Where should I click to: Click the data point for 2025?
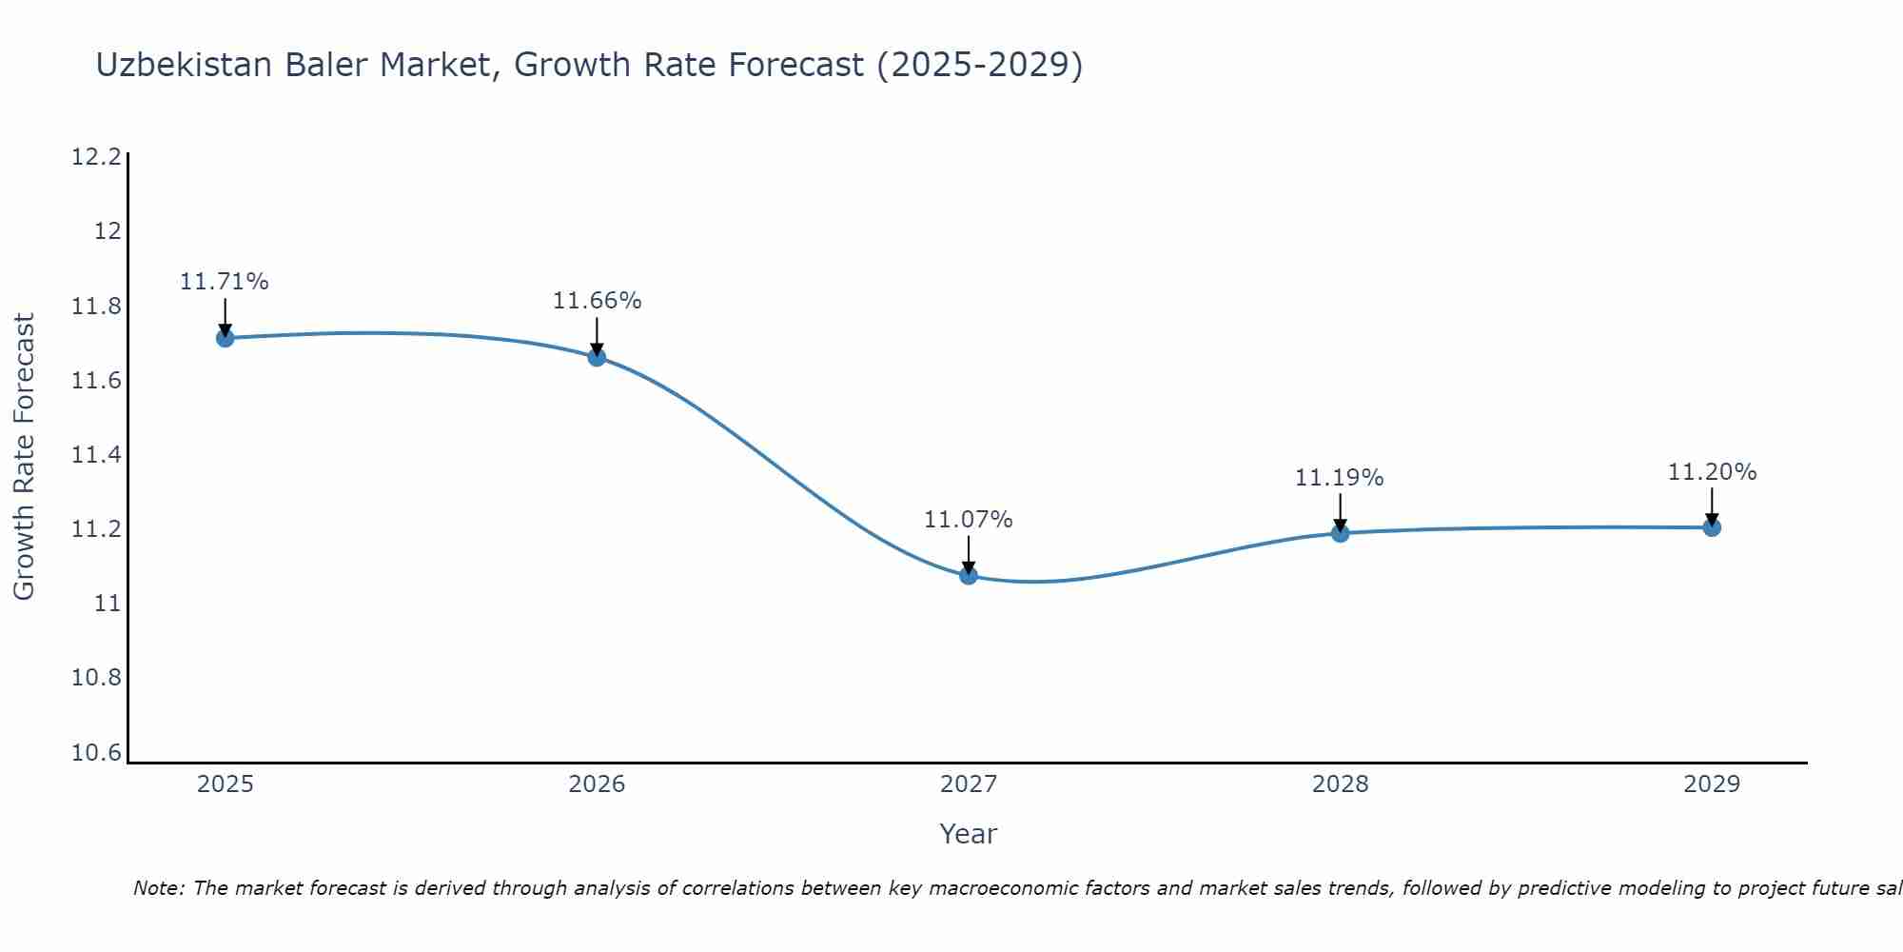pyautogui.click(x=225, y=338)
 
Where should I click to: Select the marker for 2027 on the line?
pyautogui.click(x=969, y=575)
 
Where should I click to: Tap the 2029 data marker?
pyautogui.click(x=1712, y=527)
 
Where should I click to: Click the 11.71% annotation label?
pyautogui.click(x=225, y=282)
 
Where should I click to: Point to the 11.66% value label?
pyautogui.click(x=597, y=301)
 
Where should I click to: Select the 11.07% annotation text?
pyautogui.click(x=969, y=520)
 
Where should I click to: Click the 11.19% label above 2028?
pyautogui.click(x=1339, y=478)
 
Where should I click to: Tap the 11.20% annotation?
pyautogui.click(x=1712, y=472)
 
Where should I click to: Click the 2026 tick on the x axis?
pyautogui.click(x=597, y=784)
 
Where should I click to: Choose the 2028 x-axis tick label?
pyautogui.click(x=1340, y=784)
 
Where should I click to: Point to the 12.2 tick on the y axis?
pyautogui.click(x=97, y=157)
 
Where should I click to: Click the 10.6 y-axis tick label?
pyautogui.click(x=97, y=753)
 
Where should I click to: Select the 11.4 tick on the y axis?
pyautogui.click(x=97, y=455)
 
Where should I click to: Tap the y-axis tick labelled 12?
pyautogui.click(x=108, y=231)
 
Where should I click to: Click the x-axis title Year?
pyautogui.click(x=968, y=834)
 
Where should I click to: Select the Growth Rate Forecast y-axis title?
pyautogui.click(x=24, y=457)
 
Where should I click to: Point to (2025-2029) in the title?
pyautogui.click(x=979, y=65)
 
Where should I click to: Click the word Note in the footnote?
pyautogui.click(x=157, y=888)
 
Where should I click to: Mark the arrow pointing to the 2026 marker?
pyautogui.click(x=597, y=336)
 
